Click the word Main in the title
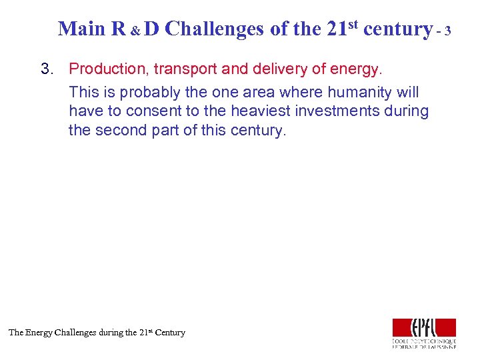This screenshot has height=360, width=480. (x=81, y=29)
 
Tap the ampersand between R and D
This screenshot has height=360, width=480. (x=135, y=31)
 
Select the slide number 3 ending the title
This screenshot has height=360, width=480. (x=448, y=31)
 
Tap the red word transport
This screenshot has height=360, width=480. (x=182, y=69)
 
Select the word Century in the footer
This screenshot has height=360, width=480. (x=170, y=332)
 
